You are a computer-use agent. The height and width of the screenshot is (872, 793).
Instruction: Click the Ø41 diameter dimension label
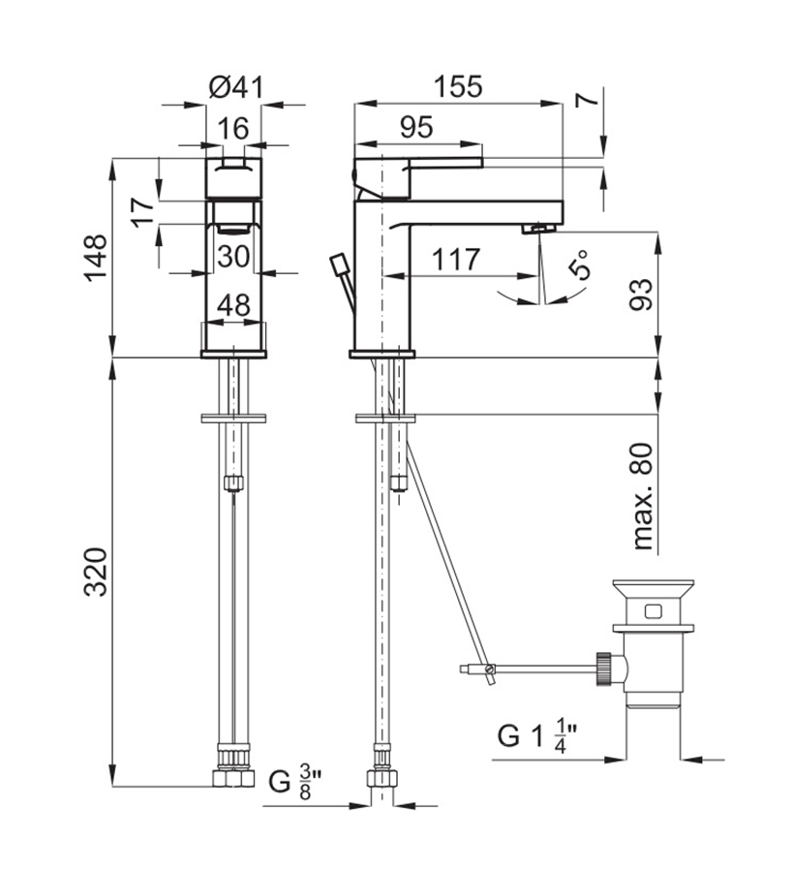235,87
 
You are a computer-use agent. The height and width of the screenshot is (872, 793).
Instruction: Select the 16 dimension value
232,129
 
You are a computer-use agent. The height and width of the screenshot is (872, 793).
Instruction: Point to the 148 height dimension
96,258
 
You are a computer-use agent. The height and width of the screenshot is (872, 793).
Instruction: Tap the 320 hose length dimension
96,573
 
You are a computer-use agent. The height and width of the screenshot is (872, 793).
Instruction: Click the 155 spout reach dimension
458,87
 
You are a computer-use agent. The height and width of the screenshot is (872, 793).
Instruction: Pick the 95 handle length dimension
416,127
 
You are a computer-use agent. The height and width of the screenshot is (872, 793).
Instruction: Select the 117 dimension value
456,259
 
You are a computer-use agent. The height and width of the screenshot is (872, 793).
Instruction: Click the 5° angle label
578,265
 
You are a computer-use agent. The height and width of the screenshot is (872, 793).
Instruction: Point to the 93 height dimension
641,295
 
